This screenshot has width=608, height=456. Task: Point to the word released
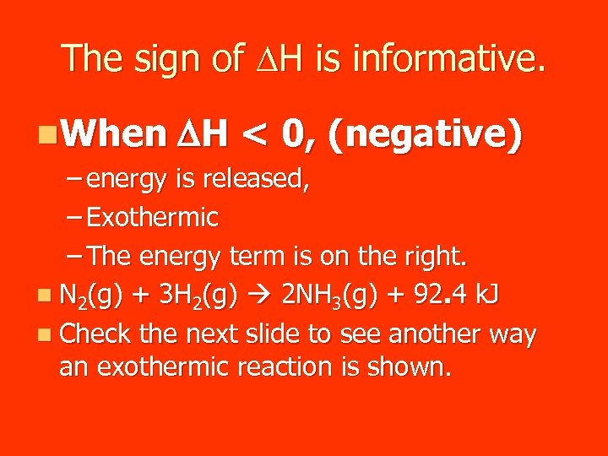pos(258,180)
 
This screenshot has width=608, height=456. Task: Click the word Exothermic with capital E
pos(153,218)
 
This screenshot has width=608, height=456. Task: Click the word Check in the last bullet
pos(95,334)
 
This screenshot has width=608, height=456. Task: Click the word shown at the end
pos(410,367)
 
